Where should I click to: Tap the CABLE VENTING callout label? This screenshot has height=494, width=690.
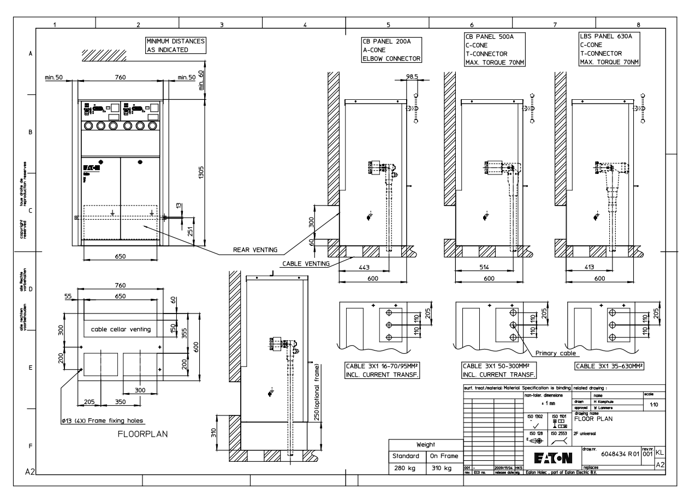pos(306,263)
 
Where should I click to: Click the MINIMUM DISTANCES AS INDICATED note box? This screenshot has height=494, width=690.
pos(175,45)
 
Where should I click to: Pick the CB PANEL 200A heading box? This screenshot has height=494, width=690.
pos(392,50)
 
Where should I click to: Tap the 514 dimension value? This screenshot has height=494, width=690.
pos(476,268)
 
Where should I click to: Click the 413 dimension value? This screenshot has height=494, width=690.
pos(585,268)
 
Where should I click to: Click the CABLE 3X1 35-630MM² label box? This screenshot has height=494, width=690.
pos(610,366)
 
